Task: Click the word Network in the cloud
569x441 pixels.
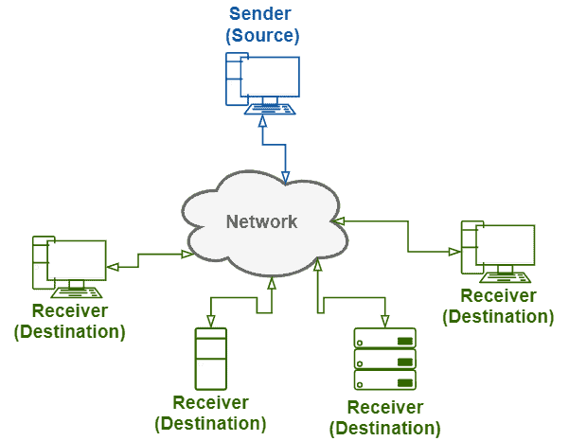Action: click(261, 222)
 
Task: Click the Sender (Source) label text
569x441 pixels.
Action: click(261, 26)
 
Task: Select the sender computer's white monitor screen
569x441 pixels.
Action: click(269, 77)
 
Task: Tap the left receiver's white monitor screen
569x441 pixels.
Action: click(77, 260)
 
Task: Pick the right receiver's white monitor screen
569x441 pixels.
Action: click(505, 245)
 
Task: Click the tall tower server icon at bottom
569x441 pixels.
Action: click(210, 359)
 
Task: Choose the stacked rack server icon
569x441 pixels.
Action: click(384, 360)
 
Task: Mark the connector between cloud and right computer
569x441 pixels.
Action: click(408, 237)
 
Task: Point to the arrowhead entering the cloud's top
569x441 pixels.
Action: click(286, 177)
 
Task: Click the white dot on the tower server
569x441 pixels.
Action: click(201, 363)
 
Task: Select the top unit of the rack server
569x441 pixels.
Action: click(384, 339)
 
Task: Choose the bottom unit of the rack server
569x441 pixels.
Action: click(384, 382)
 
